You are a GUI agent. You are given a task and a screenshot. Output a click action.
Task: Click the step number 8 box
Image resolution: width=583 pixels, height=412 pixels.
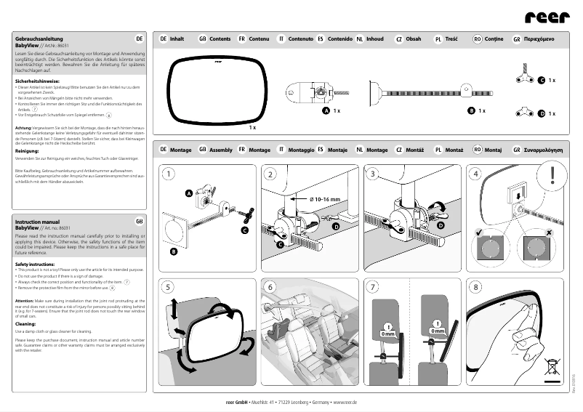(x=476, y=286)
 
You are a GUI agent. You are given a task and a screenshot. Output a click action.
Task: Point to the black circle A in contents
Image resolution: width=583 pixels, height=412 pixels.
(x=326, y=110)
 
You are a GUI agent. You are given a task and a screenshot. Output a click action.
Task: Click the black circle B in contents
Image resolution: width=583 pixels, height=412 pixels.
(x=471, y=110)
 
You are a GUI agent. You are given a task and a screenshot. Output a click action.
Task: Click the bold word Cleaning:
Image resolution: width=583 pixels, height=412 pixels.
(x=25, y=324)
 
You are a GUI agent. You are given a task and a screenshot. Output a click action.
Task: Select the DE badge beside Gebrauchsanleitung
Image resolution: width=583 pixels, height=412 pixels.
(x=139, y=37)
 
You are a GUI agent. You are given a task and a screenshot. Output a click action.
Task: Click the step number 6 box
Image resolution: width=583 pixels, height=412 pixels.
(x=270, y=286)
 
